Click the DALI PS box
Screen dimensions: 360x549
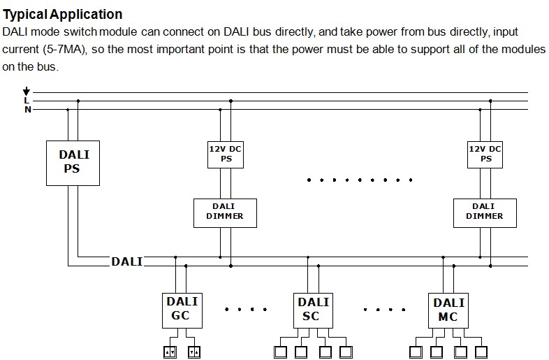click(73, 162)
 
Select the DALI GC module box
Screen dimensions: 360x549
click(182, 309)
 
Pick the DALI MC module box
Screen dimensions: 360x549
click(448, 309)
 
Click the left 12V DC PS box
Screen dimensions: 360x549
click(226, 154)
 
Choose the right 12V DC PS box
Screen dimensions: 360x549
click(485, 154)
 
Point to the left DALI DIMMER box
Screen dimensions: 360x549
click(225, 212)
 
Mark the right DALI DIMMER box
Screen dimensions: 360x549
click(484, 212)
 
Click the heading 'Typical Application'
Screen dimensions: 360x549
click(63, 14)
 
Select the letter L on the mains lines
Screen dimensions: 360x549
click(27, 101)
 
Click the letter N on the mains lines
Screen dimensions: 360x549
click(27, 110)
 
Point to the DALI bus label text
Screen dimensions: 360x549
click(126, 261)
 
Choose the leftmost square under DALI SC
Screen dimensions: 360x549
click(281, 351)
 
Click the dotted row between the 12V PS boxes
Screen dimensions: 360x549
click(354, 180)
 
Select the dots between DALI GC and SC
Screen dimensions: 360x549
click(247, 308)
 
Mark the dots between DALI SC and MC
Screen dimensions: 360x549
click(383, 308)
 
